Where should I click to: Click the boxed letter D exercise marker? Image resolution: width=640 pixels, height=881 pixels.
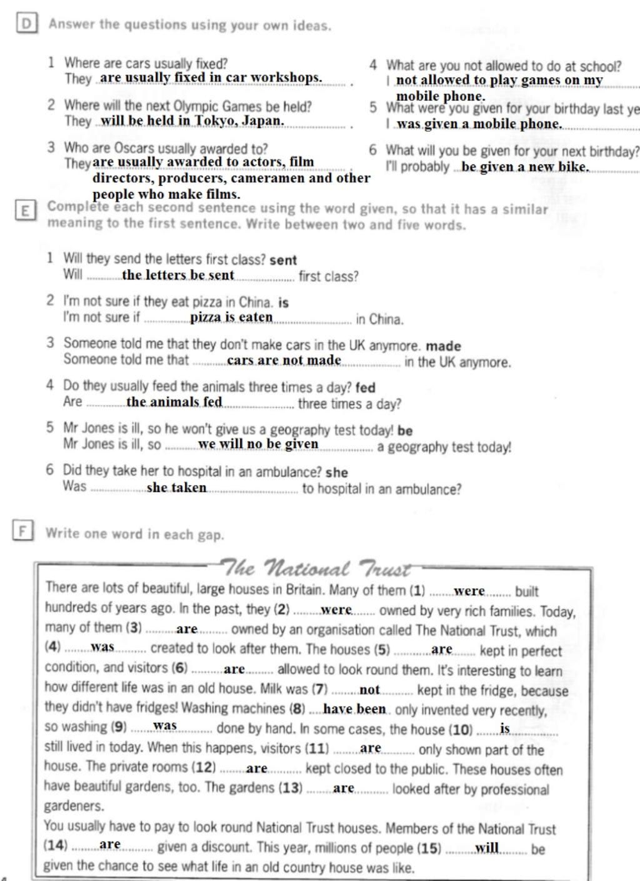[x=26, y=24]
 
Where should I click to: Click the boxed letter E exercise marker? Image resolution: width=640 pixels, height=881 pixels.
[x=24, y=211]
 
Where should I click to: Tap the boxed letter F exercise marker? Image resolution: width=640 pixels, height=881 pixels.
[x=22, y=531]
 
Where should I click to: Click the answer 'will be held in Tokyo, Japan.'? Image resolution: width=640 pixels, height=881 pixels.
[x=192, y=121]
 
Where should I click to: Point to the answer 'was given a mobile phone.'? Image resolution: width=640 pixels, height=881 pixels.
[x=479, y=124]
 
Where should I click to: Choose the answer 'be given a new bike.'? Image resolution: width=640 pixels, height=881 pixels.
[x=525, y=167]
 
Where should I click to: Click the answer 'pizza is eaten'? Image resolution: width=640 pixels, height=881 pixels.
[x=231, y=317]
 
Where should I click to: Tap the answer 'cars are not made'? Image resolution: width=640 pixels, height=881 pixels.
[x=284, y=360]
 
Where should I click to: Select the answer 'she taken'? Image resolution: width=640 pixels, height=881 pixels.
[x=176, y=488]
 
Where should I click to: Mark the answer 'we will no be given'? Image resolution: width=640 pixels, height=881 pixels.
[x=258, y=445]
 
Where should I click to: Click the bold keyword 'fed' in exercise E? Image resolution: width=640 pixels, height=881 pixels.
[x=365, y=388]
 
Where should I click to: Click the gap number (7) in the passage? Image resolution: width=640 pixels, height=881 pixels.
[x=320, y=690]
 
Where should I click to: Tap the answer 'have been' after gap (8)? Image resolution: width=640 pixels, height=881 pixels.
[x=354, y=709]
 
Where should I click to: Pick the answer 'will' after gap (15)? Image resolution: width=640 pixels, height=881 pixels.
[x=487, y=848]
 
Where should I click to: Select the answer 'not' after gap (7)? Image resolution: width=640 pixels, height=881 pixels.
[x=369, y=690]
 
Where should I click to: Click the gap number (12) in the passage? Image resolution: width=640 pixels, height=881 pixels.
[x=204, y=767]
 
